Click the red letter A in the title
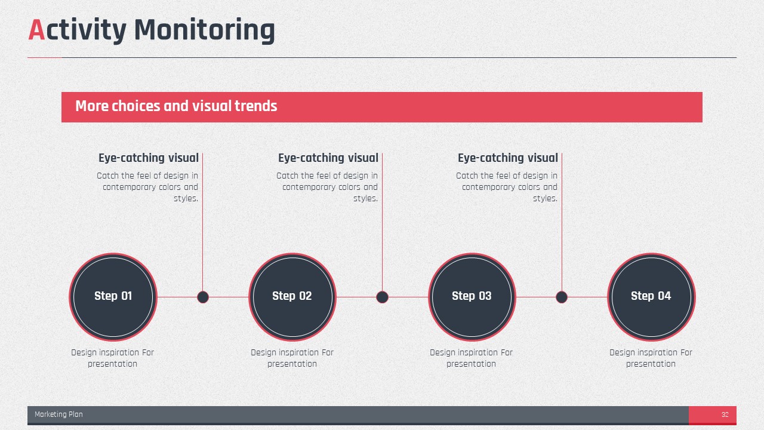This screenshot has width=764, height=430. pyautogui.click(x=36, y=30)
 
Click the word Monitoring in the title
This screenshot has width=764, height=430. pyautogui.click(x=205, y=30)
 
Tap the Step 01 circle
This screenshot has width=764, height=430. pyautogui.click(x=113, y=297)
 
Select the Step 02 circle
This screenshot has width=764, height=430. pyautogui.click(x=292, y=297)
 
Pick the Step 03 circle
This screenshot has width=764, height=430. pyautogui.click(x=472, y=297)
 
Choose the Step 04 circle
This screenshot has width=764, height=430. pyautogui.click(x=651, y=297)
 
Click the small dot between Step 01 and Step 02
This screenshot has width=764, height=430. pyautogui.click(x=202, y=297)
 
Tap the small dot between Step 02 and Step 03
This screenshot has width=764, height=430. pyautogui.click(x=382, y=297)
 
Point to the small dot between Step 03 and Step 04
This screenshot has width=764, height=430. pyautogui.click(x=562, y=297)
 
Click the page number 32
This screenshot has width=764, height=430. pyautogui.click(x=725, y=414)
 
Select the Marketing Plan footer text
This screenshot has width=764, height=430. pyautogui.click(x=58, y=414)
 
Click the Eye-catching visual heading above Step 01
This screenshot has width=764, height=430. pyautogui.click(x=149, y=158)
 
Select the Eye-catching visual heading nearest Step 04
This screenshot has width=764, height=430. pyautogui.click(x=508, y=158)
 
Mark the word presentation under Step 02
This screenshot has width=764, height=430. pyautogui.click(x=292, y=364)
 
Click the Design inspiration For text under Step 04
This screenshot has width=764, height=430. pyautogui.click(x=651, y=352)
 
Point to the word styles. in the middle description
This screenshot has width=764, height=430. pyautogui.click(x=366, y=198)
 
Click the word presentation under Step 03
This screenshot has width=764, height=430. pyautogui.click(x=471, y=364)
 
